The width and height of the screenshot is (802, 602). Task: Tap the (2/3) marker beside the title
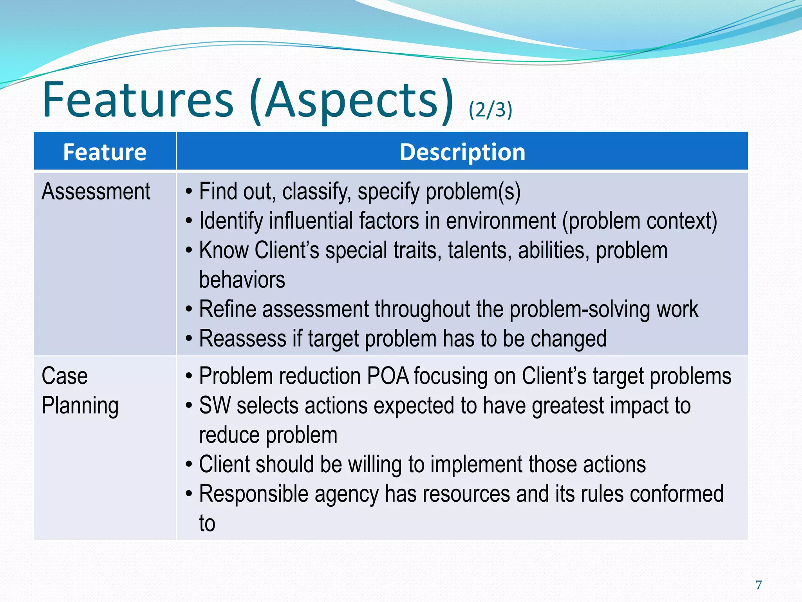(x=490, y=109)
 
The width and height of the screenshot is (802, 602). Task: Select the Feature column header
(x=105, y=152)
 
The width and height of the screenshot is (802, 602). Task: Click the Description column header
(x=462, y=152)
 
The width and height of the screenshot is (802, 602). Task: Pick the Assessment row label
(x=96, y=192)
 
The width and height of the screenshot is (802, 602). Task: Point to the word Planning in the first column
(x=80, y=406)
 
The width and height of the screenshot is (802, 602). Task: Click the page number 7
(x=759, y=585)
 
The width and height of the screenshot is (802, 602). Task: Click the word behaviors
(x=242, y=280)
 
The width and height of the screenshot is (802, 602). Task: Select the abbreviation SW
(x=215, y=406)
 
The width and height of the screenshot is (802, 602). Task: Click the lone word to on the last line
(x=207, y=524)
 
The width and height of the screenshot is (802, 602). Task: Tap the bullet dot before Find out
(x=189, y=192)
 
